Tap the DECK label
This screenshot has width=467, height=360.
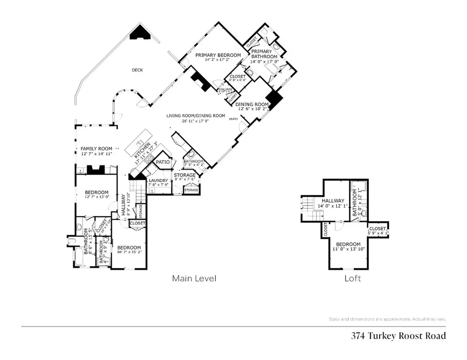coord(137,70)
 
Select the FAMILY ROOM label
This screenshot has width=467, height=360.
coord(96,149)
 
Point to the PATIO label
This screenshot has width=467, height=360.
coord(163,162)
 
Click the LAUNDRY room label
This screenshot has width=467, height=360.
coord(159,180)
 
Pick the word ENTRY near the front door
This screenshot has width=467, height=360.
coord(233,119)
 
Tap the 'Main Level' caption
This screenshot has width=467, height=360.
coord(194,278)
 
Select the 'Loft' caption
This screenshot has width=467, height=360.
coord(353,278)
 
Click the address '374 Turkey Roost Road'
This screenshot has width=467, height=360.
coord(398,336)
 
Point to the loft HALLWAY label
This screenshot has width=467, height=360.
coord(332,201)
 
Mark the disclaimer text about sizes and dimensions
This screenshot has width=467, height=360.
coord(387,319)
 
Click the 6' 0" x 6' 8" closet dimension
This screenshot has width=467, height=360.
coord(238,80)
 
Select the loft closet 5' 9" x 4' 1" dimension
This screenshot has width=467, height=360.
coord(378,234)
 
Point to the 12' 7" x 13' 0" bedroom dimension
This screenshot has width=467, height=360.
coord(96,197)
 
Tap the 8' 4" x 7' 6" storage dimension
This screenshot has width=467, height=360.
coord(184,180)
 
